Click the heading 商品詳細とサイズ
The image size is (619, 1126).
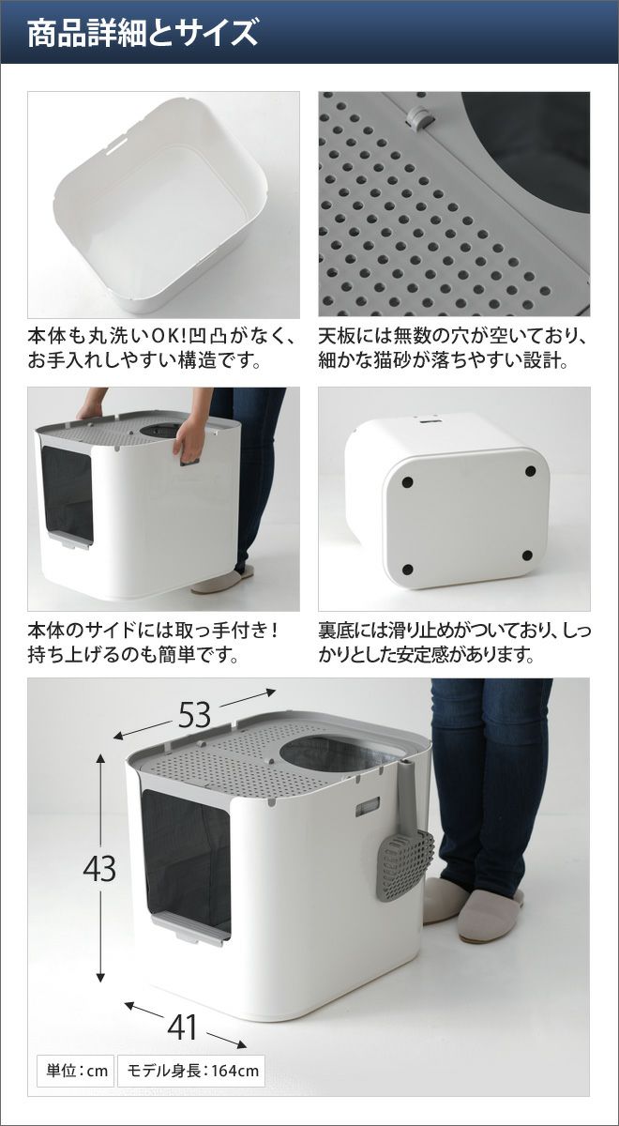(143, 33)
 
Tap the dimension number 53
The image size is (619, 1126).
(194, 715)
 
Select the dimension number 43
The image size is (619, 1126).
(99, 868)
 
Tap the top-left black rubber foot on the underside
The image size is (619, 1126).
(407, 482)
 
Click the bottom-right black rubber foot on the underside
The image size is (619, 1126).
(527, 555)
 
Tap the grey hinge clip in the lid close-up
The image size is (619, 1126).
(418, 117)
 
